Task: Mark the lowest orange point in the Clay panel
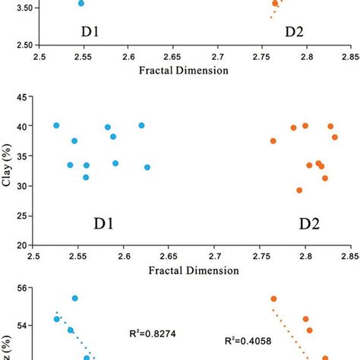click(x=299, y=191)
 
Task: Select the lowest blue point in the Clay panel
click(x=86, y=178)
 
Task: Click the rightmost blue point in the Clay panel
click(x=147, y=167)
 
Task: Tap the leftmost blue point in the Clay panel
click(x=56, y=125)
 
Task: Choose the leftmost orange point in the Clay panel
click(x=273, y=141)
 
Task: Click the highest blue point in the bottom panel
click(x=75, y=298)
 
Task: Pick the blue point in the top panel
click(x=81, y=3)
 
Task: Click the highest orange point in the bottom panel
click(x=273, y=299)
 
